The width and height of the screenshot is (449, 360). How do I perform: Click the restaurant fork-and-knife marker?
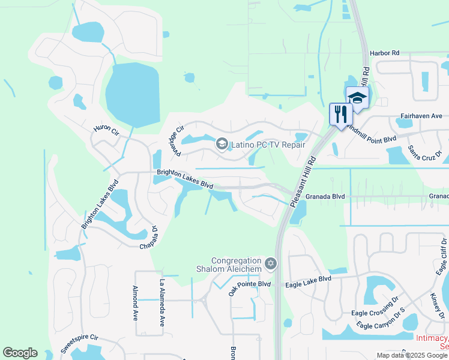click(341, 114)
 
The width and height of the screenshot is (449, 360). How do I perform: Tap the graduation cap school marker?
click(357, 98)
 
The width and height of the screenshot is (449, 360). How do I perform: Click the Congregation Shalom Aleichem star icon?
click(271, 263)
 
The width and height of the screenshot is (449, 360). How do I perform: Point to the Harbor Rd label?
click(384, 53)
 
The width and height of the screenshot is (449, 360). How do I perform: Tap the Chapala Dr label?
click(150, 238)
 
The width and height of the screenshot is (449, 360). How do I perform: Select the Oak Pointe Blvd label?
click(250, 287)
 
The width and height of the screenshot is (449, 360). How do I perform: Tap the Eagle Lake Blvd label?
click(308, 279)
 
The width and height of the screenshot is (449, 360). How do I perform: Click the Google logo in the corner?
click(20, 353)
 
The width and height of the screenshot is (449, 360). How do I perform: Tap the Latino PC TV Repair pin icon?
click(222, 144)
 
